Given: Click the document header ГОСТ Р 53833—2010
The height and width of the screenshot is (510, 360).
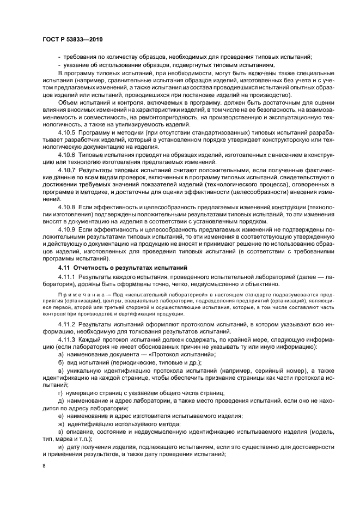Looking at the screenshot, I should [x=73, y=39].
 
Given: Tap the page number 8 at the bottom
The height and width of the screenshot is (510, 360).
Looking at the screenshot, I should [x=45, y=466].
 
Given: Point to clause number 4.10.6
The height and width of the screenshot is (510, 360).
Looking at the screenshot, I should [x=68, y=155].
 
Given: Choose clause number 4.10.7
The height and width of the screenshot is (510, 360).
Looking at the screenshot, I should [x=68, y=170].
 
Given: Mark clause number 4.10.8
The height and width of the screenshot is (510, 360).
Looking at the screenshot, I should [x=68, y=208].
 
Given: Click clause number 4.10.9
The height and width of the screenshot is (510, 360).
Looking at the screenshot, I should [x=68, y=230].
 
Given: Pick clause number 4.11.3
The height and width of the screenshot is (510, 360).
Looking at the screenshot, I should [x=68, y=339].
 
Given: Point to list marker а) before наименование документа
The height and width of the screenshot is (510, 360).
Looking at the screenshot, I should [x=60, y=355].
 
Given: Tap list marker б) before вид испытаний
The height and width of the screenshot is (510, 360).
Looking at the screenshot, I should [x=60, y=362].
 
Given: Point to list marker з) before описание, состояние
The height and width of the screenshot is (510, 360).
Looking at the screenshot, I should [x=60, y=431].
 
